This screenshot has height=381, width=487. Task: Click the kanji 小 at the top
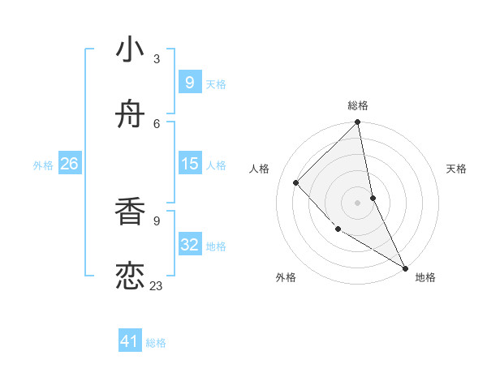pyautogui.click(x=131, y=50)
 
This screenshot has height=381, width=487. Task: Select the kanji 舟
pyautogui.click(x=131, y=117)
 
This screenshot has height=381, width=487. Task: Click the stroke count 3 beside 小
pyautogui.click(x=157, y=58)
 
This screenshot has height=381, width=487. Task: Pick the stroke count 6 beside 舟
pyautogui.click(x=157, y=123)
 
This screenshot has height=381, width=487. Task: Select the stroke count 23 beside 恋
pyautogui.click(x=157, y=285)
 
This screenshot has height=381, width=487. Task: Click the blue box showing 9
pyautogui.click(x=189, y=83)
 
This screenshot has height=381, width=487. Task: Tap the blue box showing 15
pyautogui.click(x=190, y=164)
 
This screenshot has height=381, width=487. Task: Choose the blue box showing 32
pyautogui.click(x=190, y=245)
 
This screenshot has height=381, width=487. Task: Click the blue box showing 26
pyautogui.click(x=69, y=164)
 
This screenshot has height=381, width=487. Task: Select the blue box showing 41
pyautogui.click(x=130, y=341)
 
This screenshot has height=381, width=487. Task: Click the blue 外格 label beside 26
pyautogui.click(x=43, y=165)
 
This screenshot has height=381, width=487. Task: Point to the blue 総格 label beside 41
pyautogui.click(x=156, y=343)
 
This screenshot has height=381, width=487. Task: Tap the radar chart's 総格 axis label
pyautogui.click(x=358, y=105)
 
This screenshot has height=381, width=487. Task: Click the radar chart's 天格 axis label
pyautogui.click(x=457, y=169)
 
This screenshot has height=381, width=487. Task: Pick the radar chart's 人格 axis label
pyautogui.click(x=259, y=169)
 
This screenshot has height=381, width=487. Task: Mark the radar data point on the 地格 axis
pyautogui.click(x=405, y=268)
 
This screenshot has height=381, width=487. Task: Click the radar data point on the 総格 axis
pyautogui.click(x=358, y=123)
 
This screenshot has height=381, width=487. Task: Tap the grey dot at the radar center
pyautogui.click(x=358, y=203)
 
